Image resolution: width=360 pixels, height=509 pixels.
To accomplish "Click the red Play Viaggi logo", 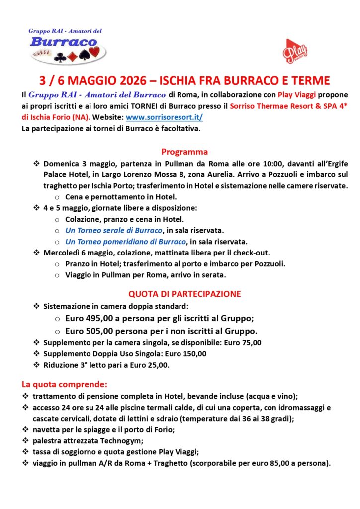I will click(295, 51).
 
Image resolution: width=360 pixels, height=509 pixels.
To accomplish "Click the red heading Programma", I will click(184, 152).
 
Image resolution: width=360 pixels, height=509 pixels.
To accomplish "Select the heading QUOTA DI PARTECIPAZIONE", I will click(184, 294).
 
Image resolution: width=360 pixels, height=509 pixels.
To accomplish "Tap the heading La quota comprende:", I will click(64, 384).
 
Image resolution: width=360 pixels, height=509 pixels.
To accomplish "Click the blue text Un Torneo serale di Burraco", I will click(114, 230).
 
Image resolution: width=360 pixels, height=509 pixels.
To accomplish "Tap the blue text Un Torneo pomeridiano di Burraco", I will click(125, 242).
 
